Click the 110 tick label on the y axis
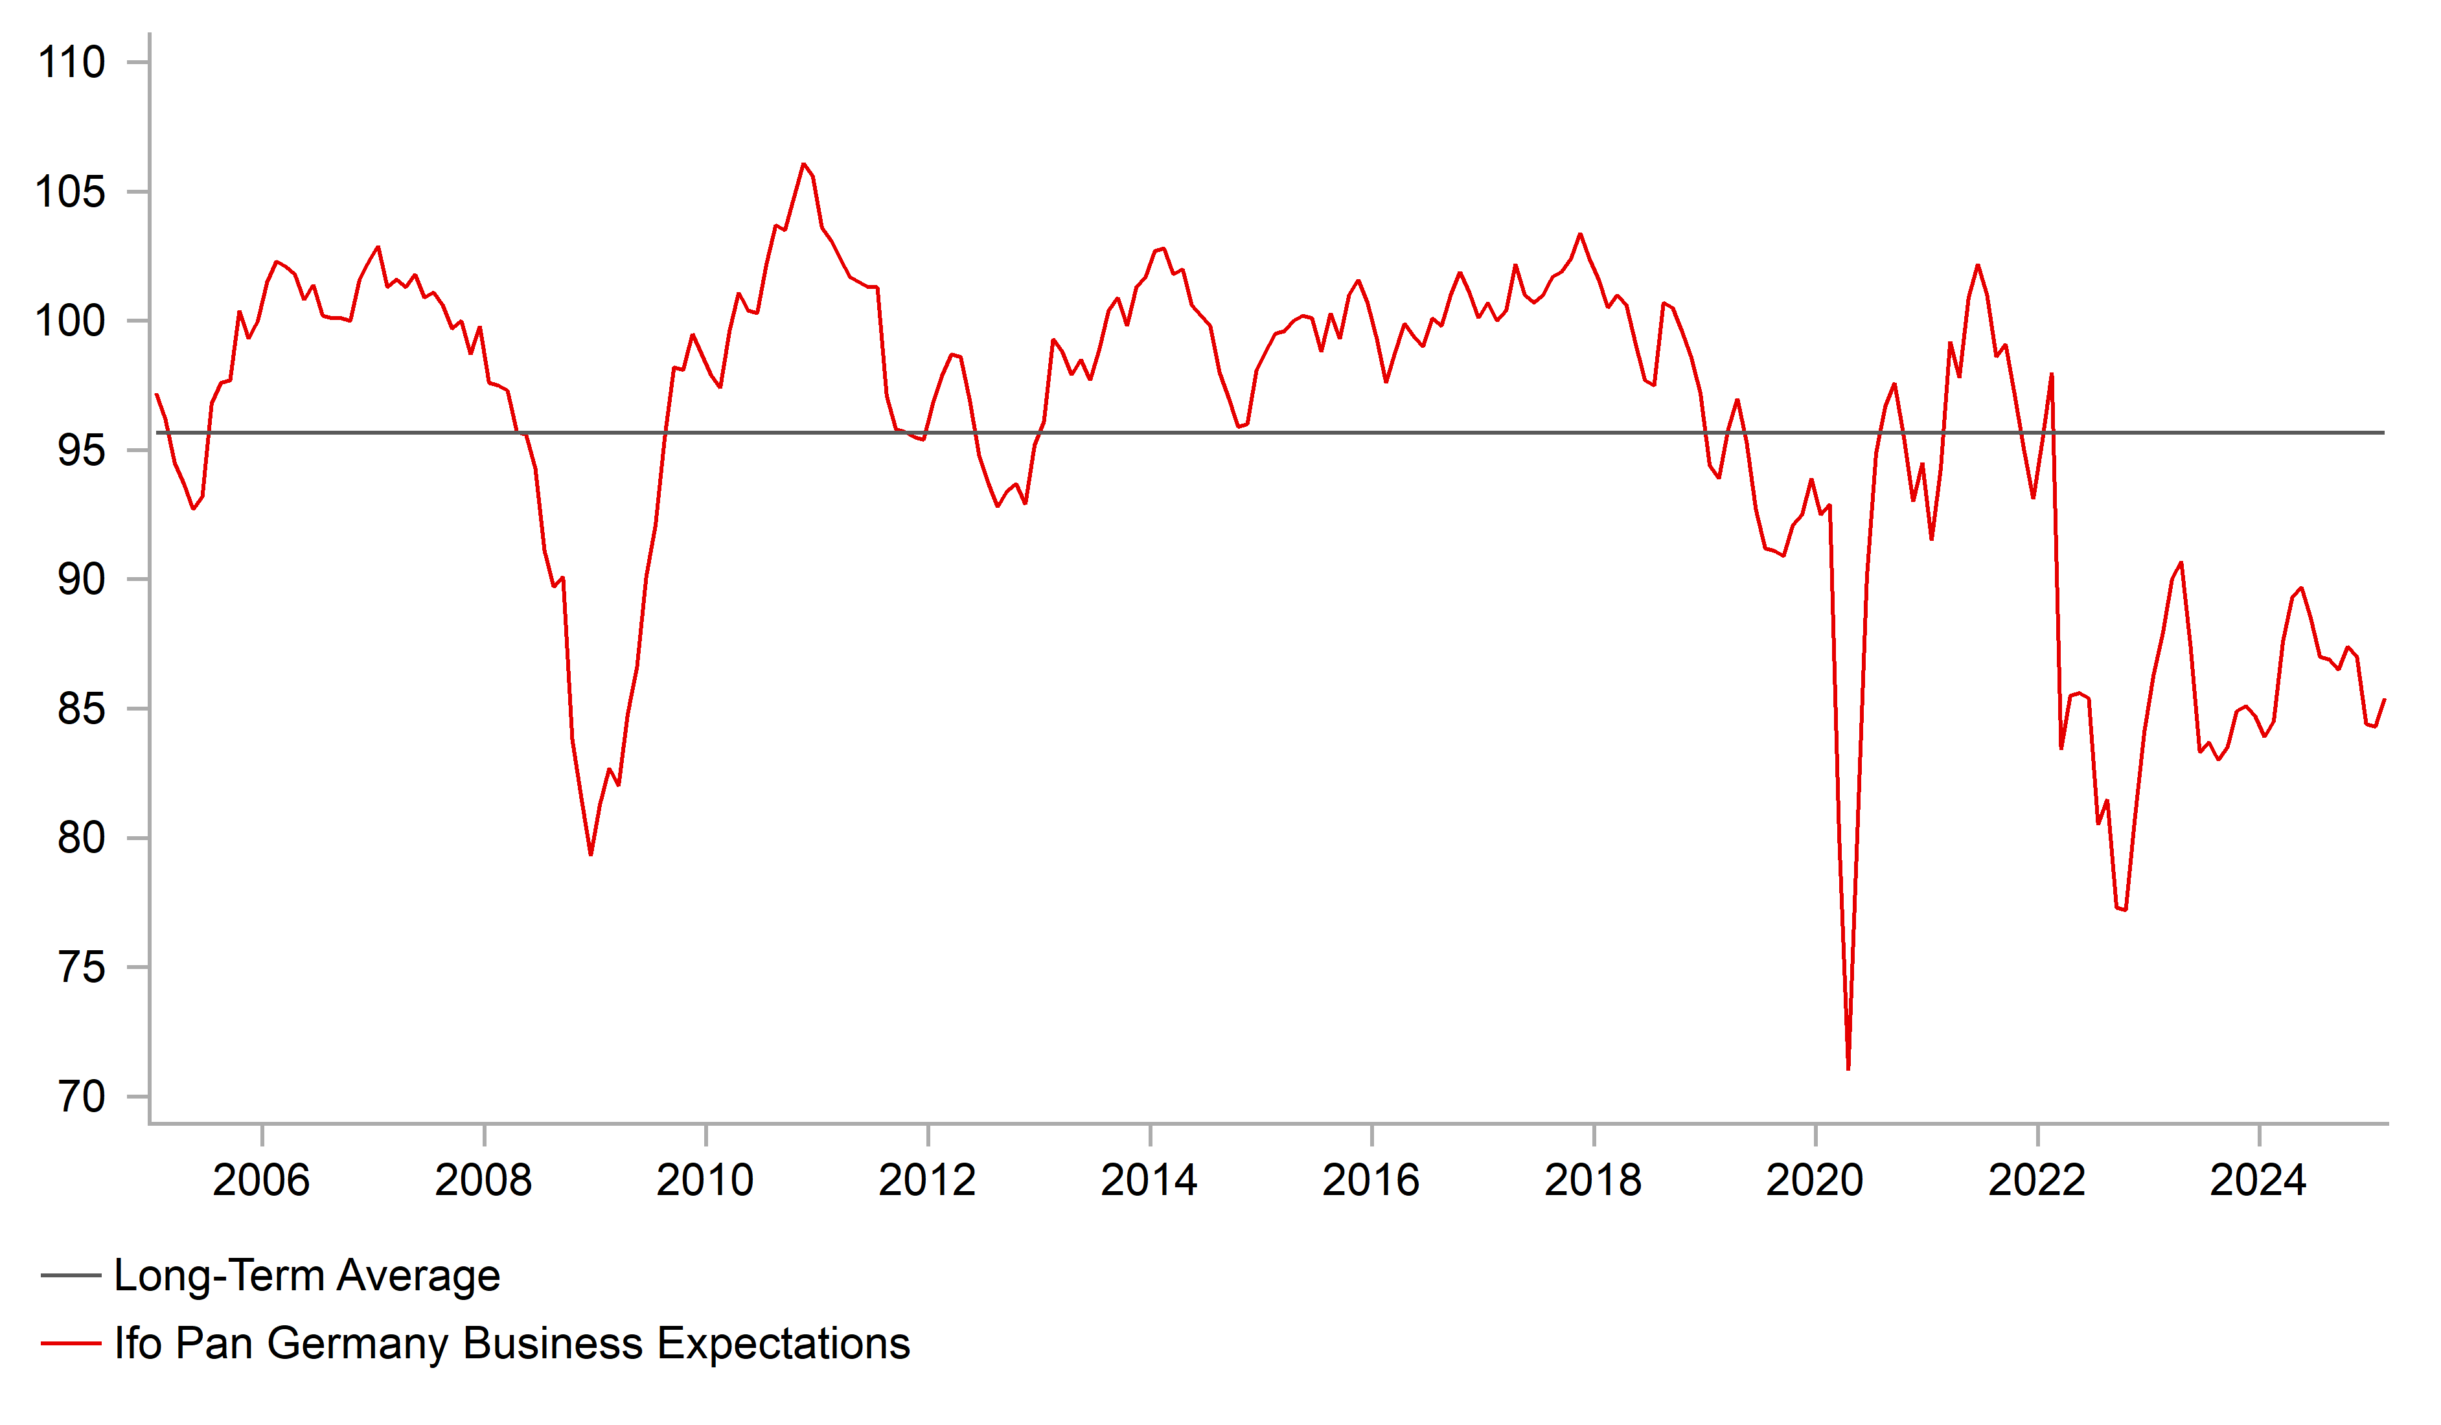point(71,63)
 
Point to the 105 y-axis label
point(71,193)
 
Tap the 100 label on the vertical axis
point(71,322)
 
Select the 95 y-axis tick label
point(82,451)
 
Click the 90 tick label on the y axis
point(82,580)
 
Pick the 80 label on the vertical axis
point(82,839)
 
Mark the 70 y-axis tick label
point(82,1097)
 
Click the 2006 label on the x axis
point(262,1181)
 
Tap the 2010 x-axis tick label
point(705,1181)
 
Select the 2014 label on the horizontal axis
point(1150,1181)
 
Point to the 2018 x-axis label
point(1594,1181)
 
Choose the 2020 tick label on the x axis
point(1815,1181)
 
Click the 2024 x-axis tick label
point(2259,1181)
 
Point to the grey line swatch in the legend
point(71,1276)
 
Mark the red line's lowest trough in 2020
point(1849,1069)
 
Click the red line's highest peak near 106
point(804,165)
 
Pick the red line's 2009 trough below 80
point(591,854)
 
